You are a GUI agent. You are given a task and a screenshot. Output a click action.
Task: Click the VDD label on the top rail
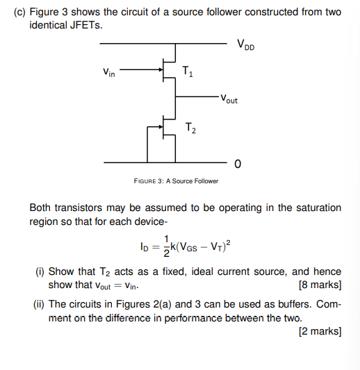click(x=245, y=47)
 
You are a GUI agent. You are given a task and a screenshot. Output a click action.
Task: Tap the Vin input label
click(x=109, y=72)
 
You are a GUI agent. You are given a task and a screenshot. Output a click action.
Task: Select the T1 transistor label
click(x=188, y=71)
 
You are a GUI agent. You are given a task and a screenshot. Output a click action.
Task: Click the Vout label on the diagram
click(x=228, y=99)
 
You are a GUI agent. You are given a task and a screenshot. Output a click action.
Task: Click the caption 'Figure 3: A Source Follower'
click(x=176, y=181)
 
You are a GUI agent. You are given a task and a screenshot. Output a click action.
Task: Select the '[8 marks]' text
click(x=319, y=285)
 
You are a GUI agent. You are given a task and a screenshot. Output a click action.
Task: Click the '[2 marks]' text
click(x=319, y=331)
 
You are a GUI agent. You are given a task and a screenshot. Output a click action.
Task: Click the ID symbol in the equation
click(x=144, y=246)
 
